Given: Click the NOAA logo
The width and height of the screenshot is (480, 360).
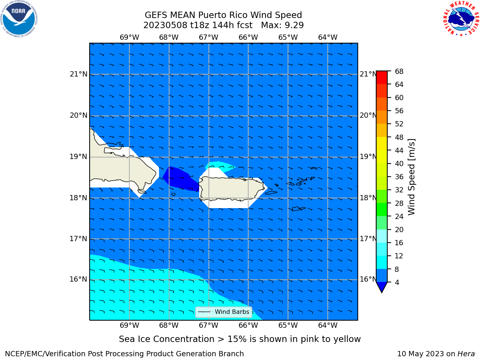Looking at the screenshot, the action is (x=19, y=19).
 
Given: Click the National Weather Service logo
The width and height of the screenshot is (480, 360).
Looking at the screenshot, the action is (x=461, y=19).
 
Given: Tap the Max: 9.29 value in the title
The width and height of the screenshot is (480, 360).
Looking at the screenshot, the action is (x=282, y=25).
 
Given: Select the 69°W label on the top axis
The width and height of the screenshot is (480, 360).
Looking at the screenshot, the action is (x=129, y=37).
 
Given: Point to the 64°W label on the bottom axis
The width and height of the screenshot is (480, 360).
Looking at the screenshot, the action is (x=328, y=325).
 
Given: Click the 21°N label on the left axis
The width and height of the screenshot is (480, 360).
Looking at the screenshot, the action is (x=78, y=74).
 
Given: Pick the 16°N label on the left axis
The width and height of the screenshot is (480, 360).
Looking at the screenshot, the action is (x=78, y=279).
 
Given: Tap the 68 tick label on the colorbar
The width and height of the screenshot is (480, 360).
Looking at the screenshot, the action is (x=399, y=72).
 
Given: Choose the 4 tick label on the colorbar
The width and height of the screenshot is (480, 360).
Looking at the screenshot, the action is (x=397, y=282).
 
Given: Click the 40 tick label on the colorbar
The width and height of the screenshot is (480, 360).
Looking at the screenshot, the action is (x=399, y=164).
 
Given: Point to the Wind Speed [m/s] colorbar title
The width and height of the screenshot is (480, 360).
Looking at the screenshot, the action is (x=411, y=177).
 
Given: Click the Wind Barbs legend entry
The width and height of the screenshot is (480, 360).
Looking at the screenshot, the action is (x=223, y=312).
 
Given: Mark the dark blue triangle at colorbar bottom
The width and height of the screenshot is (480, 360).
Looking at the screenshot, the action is (x=382, y=286).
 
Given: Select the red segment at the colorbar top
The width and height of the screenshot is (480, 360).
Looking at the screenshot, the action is (x=382, y=78).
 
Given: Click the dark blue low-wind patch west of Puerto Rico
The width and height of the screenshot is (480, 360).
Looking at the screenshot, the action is (x=181, y=179).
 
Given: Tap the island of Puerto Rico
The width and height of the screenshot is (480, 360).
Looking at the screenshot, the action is (x=232, y=188).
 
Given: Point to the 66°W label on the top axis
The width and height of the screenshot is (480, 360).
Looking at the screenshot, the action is (x=248, y=37).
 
